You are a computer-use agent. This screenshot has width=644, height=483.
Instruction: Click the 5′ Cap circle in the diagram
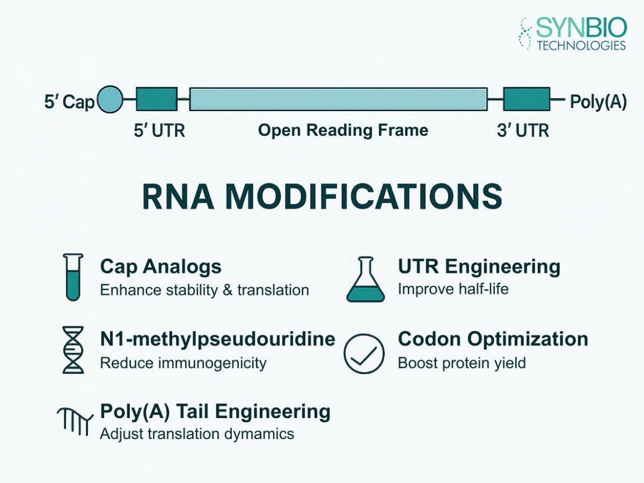[110, 100]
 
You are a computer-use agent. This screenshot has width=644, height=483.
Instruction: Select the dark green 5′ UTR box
[156, 99]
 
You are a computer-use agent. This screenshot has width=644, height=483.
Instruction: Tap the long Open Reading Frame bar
[338, 99]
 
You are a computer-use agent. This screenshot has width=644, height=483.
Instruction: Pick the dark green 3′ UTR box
[526, 99]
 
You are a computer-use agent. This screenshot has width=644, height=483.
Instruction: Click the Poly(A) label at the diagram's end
[598, 102]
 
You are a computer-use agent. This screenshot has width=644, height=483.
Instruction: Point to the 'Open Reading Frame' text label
[343, 130]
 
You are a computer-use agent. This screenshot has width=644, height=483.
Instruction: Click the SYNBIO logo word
[580, 28]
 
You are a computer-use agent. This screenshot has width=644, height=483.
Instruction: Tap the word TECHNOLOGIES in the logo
[581, 45]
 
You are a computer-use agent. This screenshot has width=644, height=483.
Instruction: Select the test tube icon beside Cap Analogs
[73, 277]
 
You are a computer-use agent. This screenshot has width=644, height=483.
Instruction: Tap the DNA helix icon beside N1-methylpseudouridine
[73, 350]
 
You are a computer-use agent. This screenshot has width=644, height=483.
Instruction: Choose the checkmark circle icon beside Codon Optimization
[364, 354]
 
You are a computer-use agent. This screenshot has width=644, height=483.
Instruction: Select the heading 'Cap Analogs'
[161, 267]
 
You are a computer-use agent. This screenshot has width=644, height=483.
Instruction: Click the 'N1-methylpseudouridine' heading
[217, 339]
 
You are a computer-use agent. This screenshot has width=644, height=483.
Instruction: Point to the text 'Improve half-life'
[453, 289]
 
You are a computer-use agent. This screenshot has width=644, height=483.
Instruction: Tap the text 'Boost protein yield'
[462, 363]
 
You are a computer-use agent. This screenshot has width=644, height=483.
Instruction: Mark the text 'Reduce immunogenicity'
[183, 363]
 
